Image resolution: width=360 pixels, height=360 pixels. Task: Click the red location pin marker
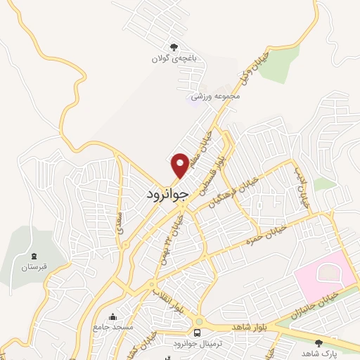[180, 165]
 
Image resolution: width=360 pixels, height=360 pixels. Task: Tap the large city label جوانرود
[169, 193]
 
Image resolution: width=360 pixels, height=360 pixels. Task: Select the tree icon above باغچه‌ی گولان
[165, 47]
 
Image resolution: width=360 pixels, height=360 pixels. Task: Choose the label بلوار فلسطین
[214, 172]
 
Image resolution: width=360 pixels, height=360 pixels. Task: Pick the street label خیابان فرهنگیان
[233, 192]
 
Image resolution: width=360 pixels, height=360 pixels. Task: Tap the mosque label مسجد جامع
[112, 328]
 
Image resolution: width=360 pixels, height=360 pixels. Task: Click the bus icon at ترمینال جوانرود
[199, 331]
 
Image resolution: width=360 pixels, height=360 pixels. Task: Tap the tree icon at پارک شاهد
[319, 343]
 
